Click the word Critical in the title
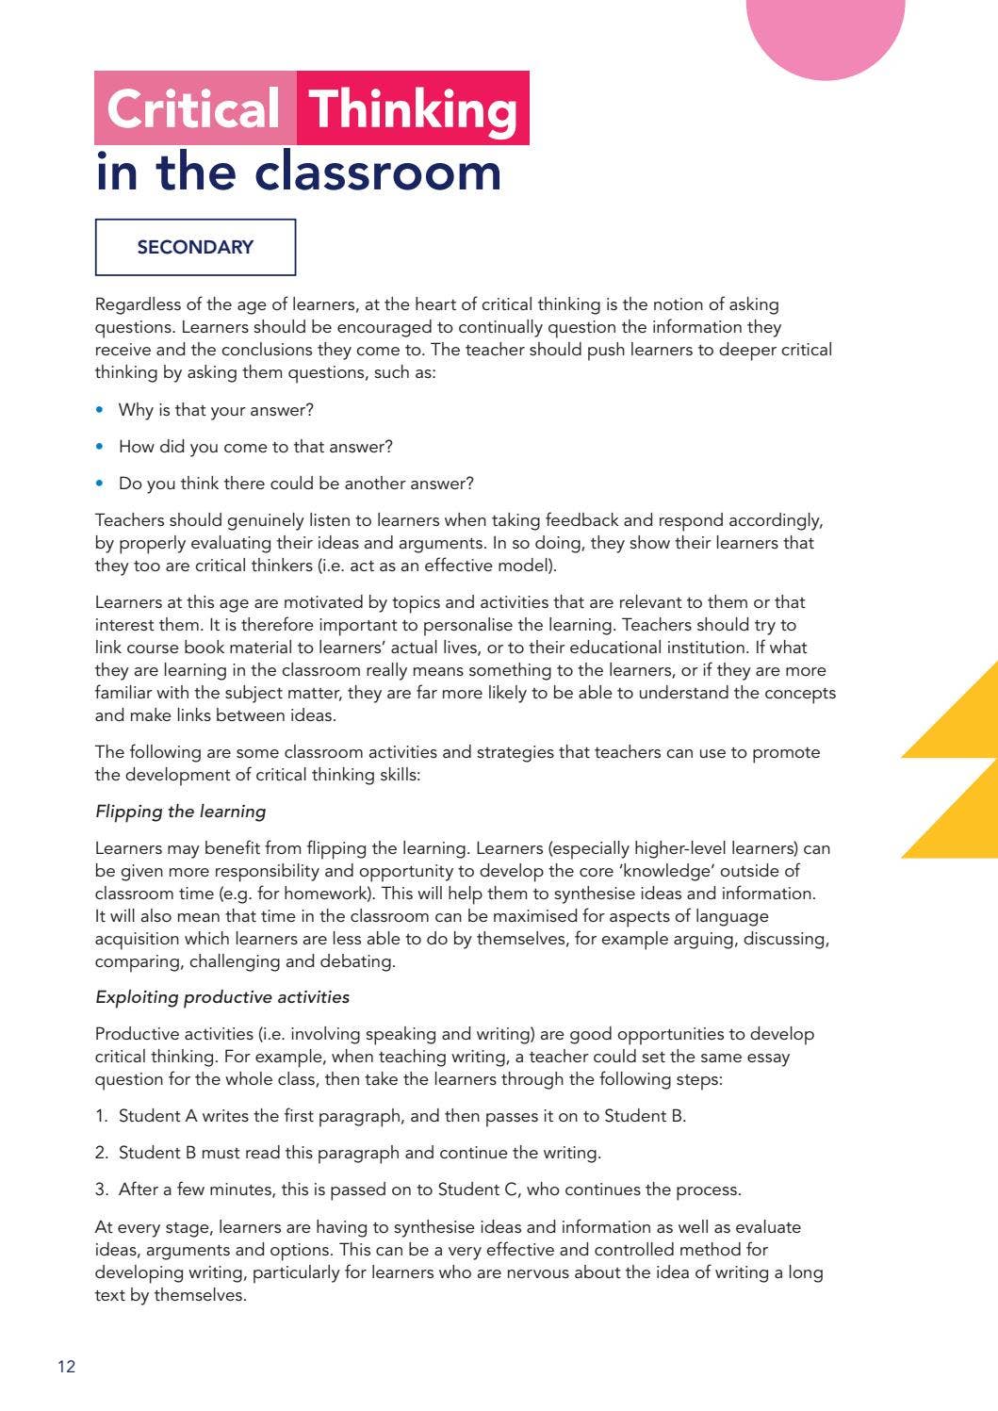coord(193,109)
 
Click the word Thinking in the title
coord(413,109)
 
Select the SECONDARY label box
coord(195,247)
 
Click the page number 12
coord(66,1367)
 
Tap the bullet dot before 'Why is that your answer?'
coord(100,410)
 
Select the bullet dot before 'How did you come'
coord(100,447)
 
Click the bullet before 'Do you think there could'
coord(100,484)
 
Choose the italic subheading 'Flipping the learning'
coord(181,812)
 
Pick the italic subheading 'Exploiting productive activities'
coord(222,997)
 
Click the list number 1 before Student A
coord(101,1116)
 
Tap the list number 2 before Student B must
coord(101,1153)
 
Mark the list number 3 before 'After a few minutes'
coord(101,1190)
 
